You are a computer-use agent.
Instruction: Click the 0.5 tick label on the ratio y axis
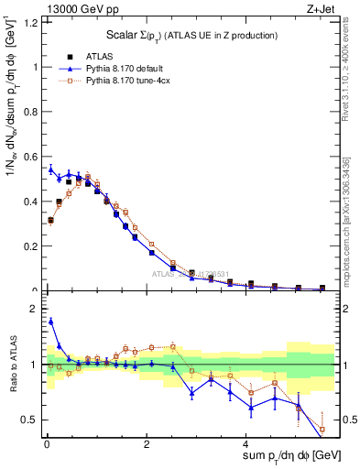[x=33, y=420]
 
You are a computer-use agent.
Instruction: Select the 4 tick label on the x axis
[x=247, y=444]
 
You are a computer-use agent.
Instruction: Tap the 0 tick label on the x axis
[x=47, y=444]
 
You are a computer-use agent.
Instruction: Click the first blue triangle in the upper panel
[x=50, y=169]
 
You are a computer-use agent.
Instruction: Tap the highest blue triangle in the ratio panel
[x=50, y=321]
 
